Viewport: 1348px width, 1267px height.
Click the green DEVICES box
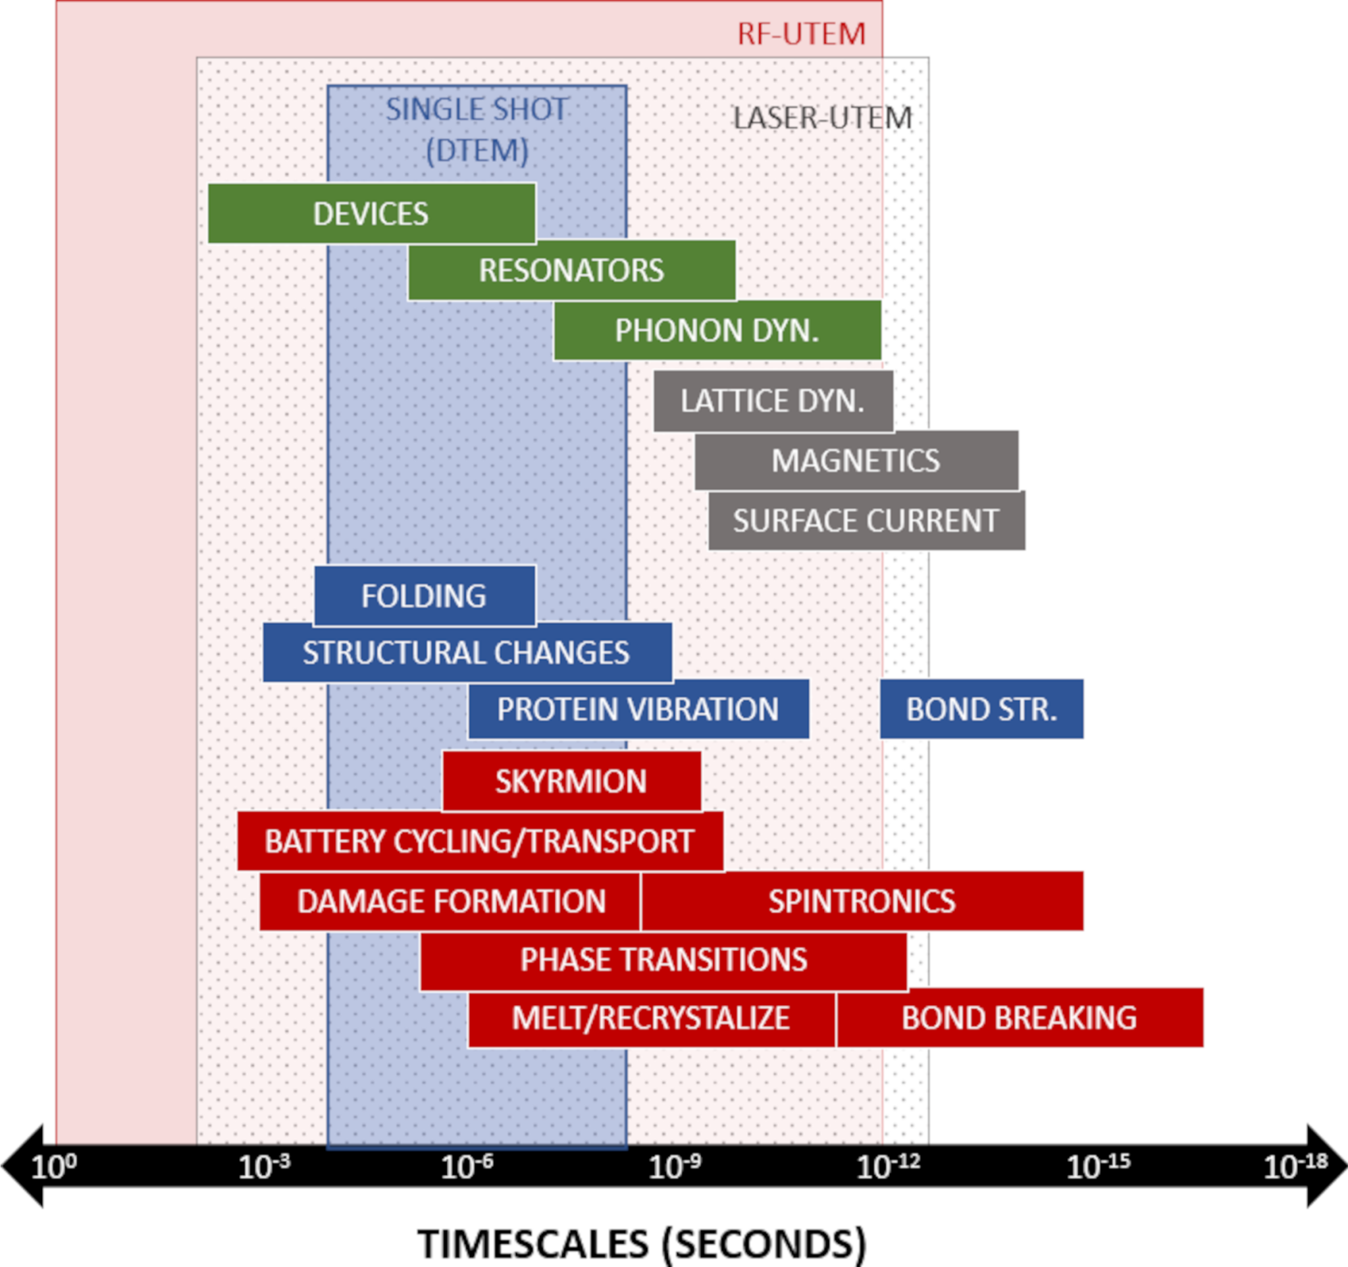pyautogui.click(x=371, y=213)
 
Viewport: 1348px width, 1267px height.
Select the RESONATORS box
pyautogui.click(x=571, y=271)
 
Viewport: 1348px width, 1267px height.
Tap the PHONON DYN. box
pyautogui.click(x=717, y=330)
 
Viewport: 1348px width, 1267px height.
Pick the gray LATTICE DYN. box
pyautogui.click(x=773, y=401)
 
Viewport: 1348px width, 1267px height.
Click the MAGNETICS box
pyautogui.click(x=856, y=460)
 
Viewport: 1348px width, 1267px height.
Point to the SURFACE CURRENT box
pyautogui.click(x=866, y=521)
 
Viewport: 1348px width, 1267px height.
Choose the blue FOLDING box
pyautogui.click(x=424, y=596)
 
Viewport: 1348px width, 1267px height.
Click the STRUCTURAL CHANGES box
pyautogui.click(x=467, y=652)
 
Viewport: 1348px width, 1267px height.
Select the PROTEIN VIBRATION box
pyautogui.click(x=637, y=709)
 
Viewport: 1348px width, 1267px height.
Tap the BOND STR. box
pyautogui.click(x=981, y=709)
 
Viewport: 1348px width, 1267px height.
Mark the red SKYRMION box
pyautogui.click(x=571, y=781)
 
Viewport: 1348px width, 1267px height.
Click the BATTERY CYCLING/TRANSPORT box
pyautogui.click(x=479, y=840)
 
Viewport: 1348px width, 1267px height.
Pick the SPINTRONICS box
pyautogui.click(x=861, y=901)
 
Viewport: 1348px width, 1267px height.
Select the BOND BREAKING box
pyautogui.click(x=1019, y=1018)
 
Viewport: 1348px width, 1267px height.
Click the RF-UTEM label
pyautogui.click(x=802, y=34)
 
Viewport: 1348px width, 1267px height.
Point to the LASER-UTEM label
pyautogui.click(x=823, y=118)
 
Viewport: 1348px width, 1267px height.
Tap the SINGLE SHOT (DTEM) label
pyautogui.click(x=477, y=130)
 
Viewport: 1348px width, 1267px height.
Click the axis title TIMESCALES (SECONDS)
pyautogui.click(x=642, y=1243)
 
